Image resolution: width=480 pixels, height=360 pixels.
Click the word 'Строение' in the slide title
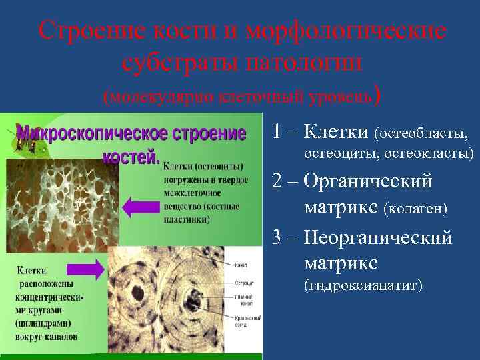[87, 30]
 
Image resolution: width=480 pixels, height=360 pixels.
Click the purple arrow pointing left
[142, 205]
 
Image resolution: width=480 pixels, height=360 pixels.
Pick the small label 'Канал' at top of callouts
[241, 265]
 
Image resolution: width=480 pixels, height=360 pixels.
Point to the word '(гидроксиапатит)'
[363, 286]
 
